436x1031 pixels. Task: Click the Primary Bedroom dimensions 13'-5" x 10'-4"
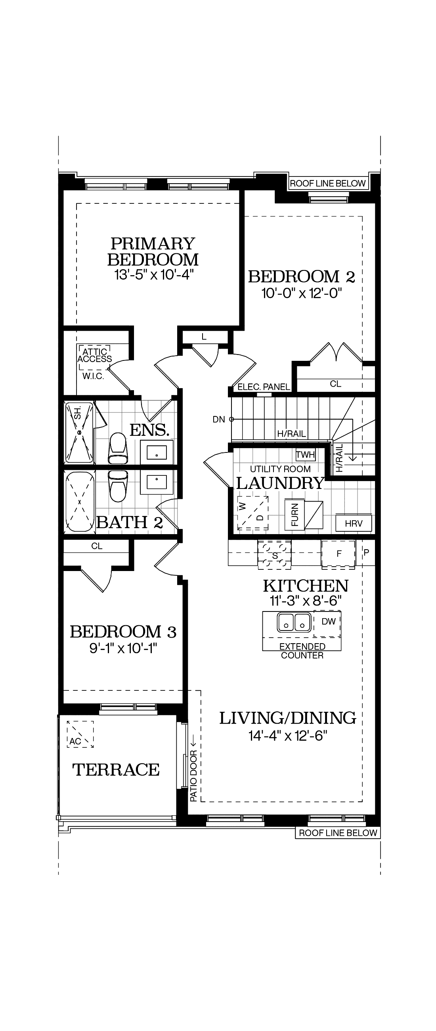[x=154, y=275]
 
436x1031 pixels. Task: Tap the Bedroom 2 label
[x=301, y=276]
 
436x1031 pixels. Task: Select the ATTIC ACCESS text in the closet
[x=95, y=355]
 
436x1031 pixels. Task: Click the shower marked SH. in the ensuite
[x=79, y=432]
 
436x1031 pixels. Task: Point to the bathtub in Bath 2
[x=80, y=502]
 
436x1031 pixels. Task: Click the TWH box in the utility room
[x=305, y=455]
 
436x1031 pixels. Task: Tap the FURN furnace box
[x=295, y=515]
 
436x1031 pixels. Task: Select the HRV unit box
[x=353, y=523]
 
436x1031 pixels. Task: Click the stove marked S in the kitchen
[x=274, y=555]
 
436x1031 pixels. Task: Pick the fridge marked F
[x=338, y=554]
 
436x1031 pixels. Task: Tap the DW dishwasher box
[x=328, y=621]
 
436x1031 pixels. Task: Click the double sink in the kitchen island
[x=294, y=622]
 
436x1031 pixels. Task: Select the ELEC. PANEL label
[x=264, y=387]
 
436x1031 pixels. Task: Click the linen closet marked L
[x=204, y=337]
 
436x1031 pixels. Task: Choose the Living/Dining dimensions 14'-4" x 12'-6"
[x=288, y=736]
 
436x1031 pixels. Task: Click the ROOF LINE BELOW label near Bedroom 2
[x=327, y=183]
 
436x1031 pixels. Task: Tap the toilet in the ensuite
[x=118, y=448]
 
